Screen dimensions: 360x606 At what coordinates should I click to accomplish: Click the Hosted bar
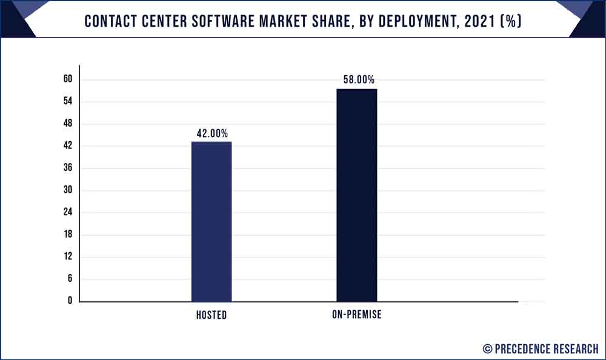coord(211,221)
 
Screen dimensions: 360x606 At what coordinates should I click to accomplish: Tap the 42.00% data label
coord(211,134)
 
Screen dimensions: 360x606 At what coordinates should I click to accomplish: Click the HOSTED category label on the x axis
coord(211,315)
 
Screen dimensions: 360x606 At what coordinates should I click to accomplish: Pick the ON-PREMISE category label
coord(356,315)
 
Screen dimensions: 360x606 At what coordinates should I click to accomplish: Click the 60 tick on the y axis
coord(67,79)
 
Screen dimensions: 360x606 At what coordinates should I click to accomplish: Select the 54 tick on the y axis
coord(67,101)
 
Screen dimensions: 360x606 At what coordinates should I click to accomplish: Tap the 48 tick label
coord(67,124)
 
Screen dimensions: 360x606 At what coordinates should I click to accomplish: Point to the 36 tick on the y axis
coord(67,168)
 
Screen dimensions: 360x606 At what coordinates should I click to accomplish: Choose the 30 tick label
coord(67,190)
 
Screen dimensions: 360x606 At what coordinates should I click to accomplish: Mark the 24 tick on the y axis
coord(67,212)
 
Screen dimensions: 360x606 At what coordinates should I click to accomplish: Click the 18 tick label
coord(67,235)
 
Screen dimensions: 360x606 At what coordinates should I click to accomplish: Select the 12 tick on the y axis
coord(67,256)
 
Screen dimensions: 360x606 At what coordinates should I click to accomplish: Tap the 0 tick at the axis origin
coord(70,301)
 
